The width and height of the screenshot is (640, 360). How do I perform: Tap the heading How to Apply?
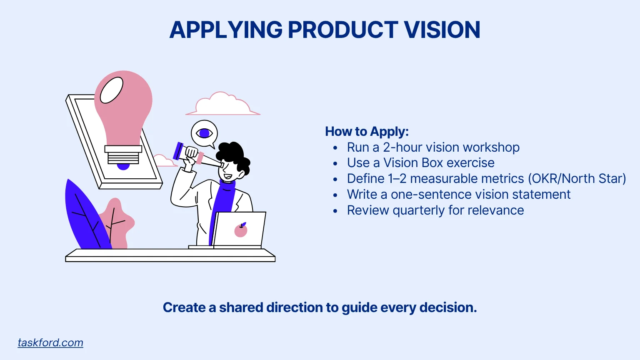[367, 132]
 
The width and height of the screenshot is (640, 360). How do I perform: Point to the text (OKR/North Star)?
[577, 179]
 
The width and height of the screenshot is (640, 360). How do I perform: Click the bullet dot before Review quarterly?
[335, 211]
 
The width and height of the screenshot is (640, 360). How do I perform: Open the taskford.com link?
[50, 342]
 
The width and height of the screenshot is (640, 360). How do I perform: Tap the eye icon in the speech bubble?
[204, 133]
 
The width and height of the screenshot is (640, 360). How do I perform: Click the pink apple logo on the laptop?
[241, 230]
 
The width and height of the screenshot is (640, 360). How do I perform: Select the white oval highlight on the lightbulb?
[112, 90]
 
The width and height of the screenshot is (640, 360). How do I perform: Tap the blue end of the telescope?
[178, 151]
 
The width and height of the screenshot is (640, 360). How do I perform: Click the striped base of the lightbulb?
[123, 156]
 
